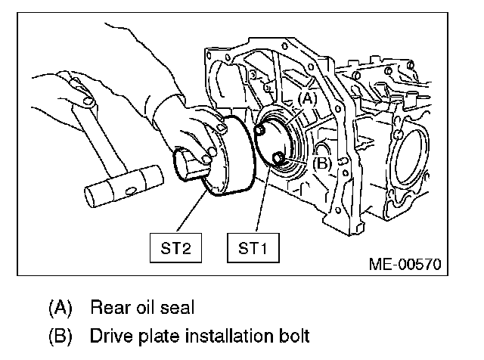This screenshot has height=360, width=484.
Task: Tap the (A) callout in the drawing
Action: (307, 98)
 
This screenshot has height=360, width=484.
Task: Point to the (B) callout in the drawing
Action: (321, 161)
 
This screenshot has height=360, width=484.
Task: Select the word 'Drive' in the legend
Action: (109, 334)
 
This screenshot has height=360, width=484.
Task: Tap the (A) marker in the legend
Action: (60, 308)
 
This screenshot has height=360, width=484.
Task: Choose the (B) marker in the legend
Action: (60, 334)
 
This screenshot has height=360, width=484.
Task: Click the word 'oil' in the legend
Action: (145, 308)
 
